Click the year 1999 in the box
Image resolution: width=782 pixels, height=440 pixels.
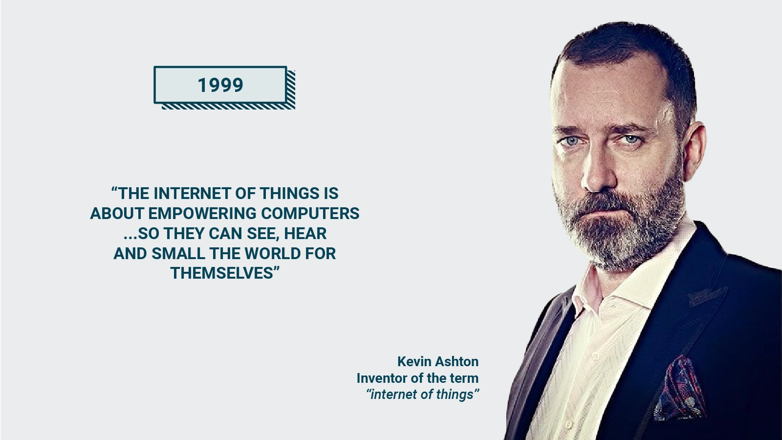pos(220,85)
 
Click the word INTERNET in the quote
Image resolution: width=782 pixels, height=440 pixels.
pos(193,193)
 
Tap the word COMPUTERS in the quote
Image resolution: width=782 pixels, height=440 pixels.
pos(310,213)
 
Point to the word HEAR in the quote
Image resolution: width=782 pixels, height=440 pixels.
pos(305,233)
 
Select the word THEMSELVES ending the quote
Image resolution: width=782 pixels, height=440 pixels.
pos(222,273)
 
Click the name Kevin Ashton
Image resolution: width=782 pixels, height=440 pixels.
pos(438,361)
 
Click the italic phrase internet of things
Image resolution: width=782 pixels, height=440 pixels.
pos(422,395)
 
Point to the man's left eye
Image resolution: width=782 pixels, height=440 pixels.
pos(632,139)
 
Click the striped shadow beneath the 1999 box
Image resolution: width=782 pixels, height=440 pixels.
pos(229,106)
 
